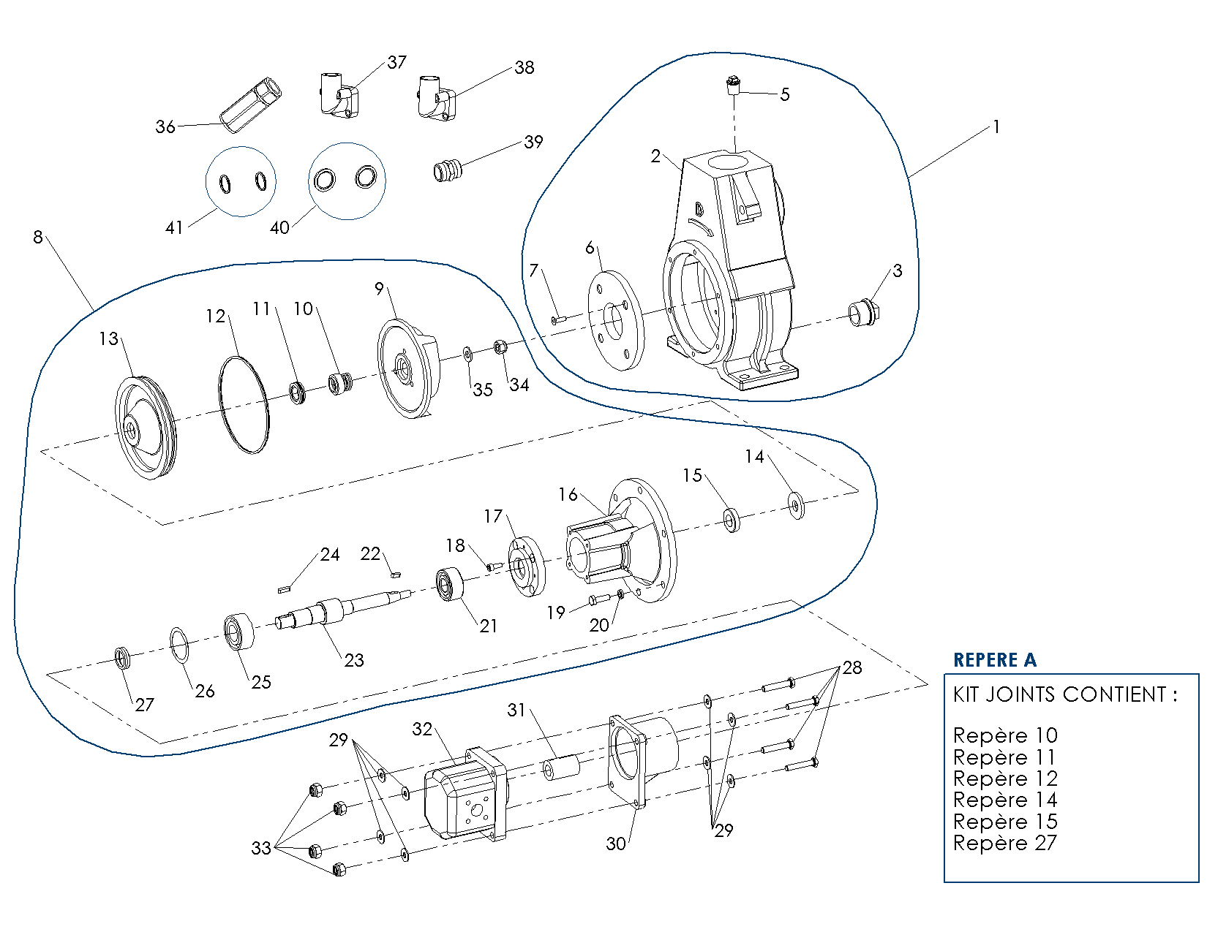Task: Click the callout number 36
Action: (x=165, y=126)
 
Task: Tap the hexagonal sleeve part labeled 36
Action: (x=252, y=105)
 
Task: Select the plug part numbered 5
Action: (x=732, y=86)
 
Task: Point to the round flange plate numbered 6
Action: (x=615, y=319)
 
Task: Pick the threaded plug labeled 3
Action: (x=863, y=312)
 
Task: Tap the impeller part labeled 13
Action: (x=146, y=427)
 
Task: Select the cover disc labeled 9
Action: (x=407, y=368)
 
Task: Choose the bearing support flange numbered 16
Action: (x=622, y=541)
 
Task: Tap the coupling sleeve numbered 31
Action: (x=560, y=768)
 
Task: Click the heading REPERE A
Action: (x=994, y=660)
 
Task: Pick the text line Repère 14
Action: (x=1004, y=800)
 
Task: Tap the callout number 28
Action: (x=852, y=667)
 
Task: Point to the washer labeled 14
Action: (x=796, y=505)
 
